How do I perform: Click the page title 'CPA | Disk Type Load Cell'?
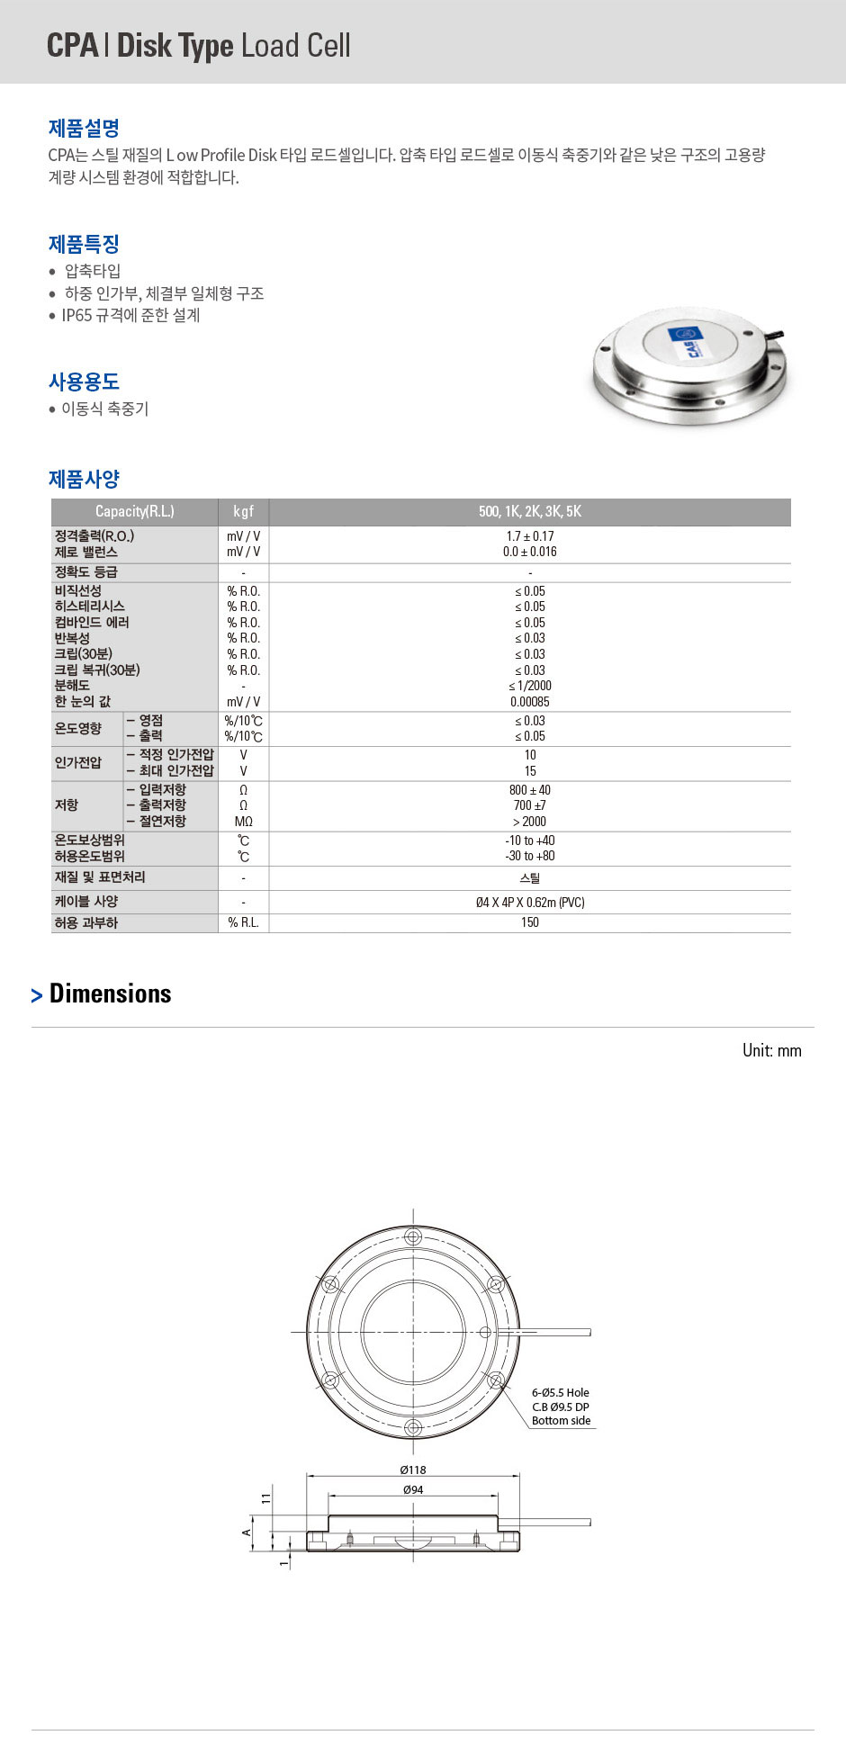[x=198, y=45]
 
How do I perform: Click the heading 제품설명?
[x=84, y=128]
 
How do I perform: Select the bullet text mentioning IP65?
[x=130, y=315]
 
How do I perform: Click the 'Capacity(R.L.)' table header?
[x=134, y=511]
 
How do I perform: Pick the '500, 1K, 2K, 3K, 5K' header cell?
[x=529, y=511]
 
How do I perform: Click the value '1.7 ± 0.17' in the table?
[x=529, y=536]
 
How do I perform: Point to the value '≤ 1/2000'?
[x=529, y=686]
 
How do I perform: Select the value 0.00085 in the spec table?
[x=529, y=702]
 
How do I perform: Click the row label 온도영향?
[x=78, y=728]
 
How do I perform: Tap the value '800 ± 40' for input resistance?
[x=529, y=790]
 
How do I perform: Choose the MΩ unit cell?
[x=243, y=822]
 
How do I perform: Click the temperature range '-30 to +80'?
[x=529, y=856]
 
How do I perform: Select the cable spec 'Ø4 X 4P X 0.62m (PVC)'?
[x=529, y=902]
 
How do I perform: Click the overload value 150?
[x=529, y=922]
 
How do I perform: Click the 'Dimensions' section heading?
[x=110, y=993]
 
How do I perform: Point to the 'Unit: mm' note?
[x=771, y=1050]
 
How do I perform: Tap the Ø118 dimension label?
[x=413, y=1470]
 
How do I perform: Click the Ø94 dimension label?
[x=413, y=1489]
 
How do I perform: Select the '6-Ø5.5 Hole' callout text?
[x=560, y=1392]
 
